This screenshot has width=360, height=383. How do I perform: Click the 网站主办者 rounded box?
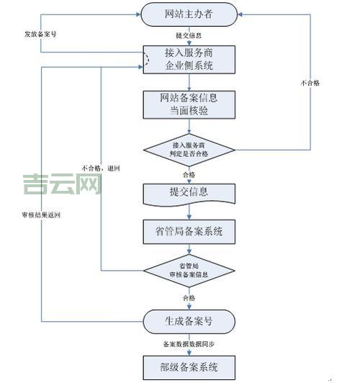point(189,12)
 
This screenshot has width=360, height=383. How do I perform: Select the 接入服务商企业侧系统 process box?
point(189,60)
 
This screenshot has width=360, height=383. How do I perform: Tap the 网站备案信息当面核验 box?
point(189,104)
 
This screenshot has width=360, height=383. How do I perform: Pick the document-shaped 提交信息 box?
point(189,193)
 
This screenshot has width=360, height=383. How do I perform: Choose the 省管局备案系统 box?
point(189,232)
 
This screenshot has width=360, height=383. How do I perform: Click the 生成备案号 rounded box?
point(189,320)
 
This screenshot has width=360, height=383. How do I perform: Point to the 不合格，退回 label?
point(102,167)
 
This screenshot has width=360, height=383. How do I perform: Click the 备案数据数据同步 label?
point(189,343)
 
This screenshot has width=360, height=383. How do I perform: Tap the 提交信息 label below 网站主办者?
point(189,35)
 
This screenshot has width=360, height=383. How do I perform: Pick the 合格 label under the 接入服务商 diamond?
point(189,174)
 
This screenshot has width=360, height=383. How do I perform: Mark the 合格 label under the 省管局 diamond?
point(189,297)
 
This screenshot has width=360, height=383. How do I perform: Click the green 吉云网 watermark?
point(61,184)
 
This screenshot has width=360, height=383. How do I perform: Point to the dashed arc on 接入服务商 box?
point(147,60)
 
